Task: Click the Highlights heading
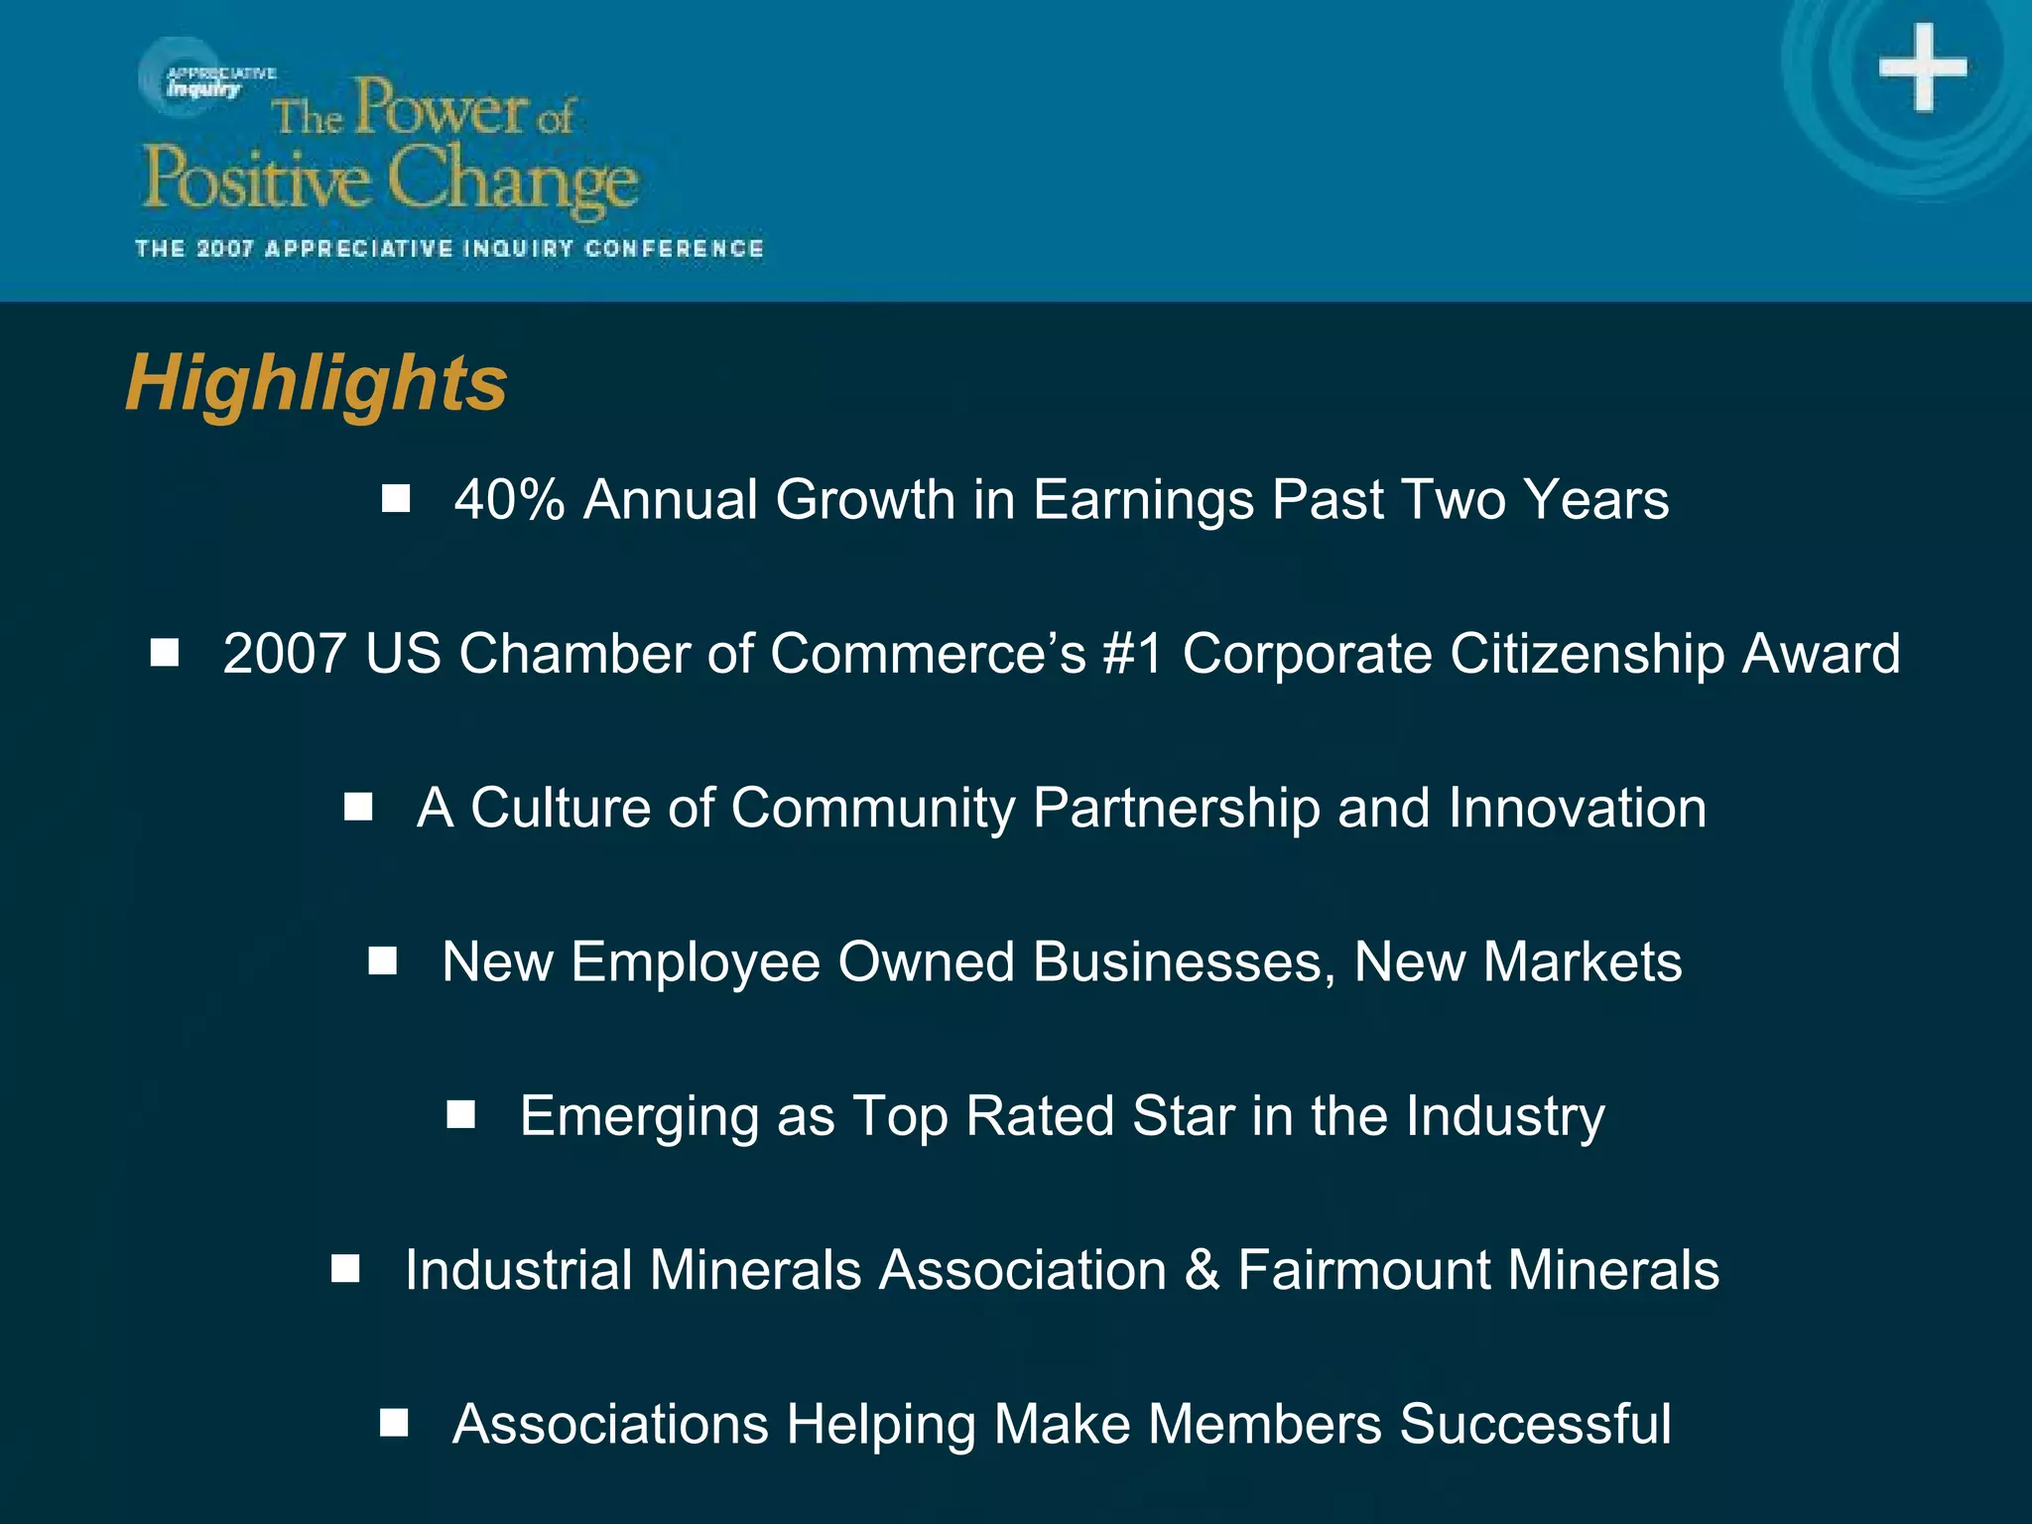tap(316, 384)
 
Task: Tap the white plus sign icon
tap(1922, 67)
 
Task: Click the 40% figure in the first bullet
tap(509, 499)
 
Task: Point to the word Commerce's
tap(928, 654)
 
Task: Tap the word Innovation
tap(1577, 808)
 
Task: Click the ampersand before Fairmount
tap(1203, 1270)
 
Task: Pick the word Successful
tap(1535, 1425)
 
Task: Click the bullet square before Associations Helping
tap(394, 1424)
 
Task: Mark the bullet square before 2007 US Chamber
tap(165, 653)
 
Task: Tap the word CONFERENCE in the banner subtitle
tap(674, 248)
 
